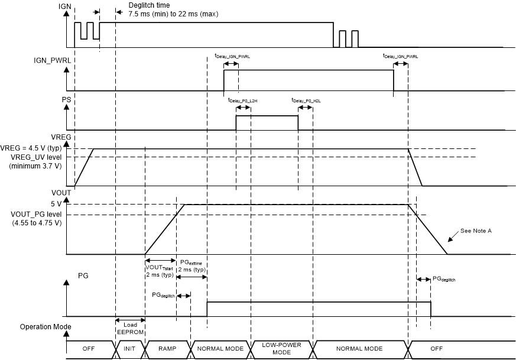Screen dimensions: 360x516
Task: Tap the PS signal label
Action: [x=66, y=100]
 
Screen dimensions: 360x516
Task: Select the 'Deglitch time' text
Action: [x=142, y=6]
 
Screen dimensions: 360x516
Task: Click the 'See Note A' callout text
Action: [x=475, y=231]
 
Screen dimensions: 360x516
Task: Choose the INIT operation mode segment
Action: [x=129, y=349]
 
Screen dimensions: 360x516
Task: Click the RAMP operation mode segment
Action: [x=167, y=349]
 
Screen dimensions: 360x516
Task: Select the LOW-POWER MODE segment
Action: [x=281, y=349]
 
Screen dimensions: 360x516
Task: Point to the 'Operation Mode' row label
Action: [x=46, y=326]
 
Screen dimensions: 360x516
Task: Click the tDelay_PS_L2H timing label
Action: [x=243, y=100]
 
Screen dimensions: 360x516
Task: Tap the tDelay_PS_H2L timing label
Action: [x=306, y=100]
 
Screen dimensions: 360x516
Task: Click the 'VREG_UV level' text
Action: [x=37, y=157]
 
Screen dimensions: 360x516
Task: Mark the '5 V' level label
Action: [x=56, y=205]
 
